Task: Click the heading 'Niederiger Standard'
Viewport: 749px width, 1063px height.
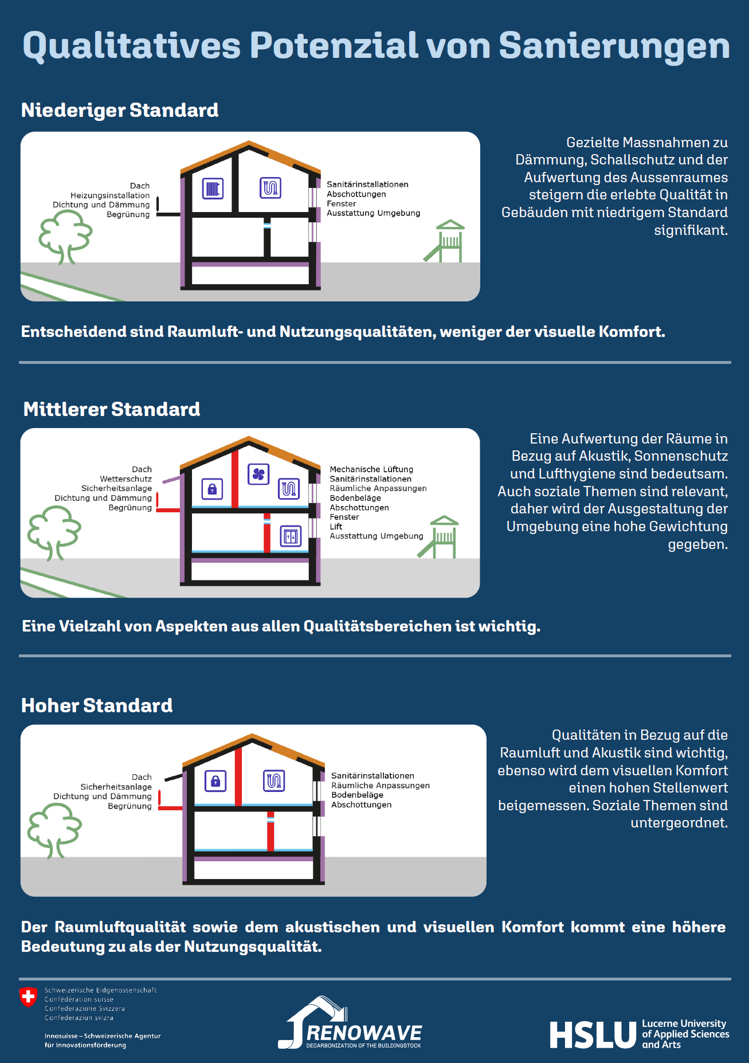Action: [120, 110]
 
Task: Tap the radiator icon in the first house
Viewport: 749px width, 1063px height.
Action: [213, 189]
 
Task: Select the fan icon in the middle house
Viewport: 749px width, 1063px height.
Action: [258, 474]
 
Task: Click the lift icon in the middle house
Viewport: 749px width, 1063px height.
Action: [291, 536]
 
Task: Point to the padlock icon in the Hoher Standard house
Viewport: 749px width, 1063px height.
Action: [215, 780]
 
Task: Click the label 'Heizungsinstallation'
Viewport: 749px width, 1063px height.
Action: [110, 195]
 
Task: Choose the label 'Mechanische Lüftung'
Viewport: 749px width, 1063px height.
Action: [371, 469]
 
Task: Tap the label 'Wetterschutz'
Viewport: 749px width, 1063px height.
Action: [126, 479]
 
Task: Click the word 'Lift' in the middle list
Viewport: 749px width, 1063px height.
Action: [336, 527]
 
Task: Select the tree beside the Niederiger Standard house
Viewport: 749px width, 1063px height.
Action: [65, 236]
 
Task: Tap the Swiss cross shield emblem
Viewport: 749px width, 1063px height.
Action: [28, 997]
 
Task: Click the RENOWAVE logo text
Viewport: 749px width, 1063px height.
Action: [364, 1033]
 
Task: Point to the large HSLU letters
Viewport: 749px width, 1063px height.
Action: [593, 1035]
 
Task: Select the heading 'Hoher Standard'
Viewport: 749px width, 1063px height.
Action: [97, 705]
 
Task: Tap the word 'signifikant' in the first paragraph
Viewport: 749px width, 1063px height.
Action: [690, 230]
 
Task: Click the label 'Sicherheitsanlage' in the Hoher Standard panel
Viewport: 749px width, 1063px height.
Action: [116, 787]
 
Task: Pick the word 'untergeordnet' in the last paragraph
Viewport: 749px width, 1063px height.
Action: [678, 823]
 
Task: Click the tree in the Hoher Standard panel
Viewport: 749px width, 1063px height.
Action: [54, 829]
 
